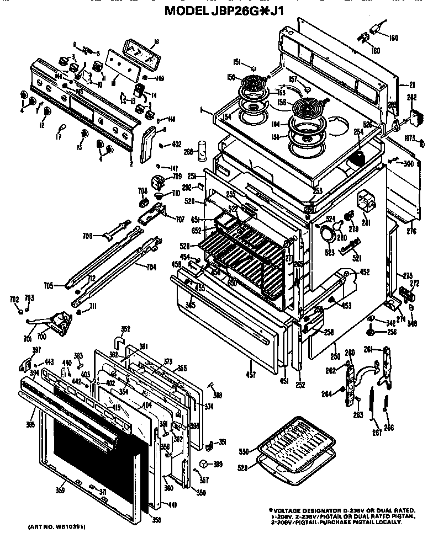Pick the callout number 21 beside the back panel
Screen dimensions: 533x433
(x=411, y=84)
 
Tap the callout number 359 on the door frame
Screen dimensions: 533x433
(x=60, y=491)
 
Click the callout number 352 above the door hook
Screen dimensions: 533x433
(x=125, y=329)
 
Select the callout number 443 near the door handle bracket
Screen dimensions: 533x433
(x=49, y=361)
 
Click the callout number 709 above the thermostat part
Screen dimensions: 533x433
(x=177, y=177)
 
